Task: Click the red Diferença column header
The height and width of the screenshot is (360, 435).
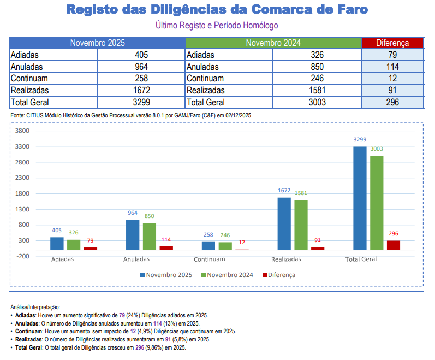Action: click(x=392, y=43)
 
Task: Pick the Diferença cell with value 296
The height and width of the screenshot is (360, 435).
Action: click(x=392, y=102)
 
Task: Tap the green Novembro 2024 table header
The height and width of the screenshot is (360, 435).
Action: click(x=273, y=43)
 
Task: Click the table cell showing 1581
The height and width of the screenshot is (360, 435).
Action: click(x=317, y=90)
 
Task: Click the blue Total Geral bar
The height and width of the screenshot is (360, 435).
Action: click(x=360, y=198)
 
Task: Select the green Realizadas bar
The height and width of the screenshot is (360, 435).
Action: click(x=301, y=225)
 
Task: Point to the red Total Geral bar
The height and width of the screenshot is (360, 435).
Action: click(x=394, y=245)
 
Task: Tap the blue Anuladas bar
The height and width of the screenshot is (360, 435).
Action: click(x=133, y=234)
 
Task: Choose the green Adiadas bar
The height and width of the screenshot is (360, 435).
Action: click(x=74, y=244)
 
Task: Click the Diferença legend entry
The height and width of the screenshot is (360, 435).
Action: click(x=279, y=275)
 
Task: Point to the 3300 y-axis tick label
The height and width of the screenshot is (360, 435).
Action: click(x=22, y=146)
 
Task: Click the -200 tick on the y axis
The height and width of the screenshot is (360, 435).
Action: click(x=22, y=256)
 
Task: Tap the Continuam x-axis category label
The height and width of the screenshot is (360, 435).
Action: click(x=209, y=259)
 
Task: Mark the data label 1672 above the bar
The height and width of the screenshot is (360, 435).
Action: click(x=284, y=191)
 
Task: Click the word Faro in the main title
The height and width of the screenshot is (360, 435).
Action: click(x=350, y=10)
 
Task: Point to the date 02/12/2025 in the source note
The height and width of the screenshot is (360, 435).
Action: click(x=236, y=115)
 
